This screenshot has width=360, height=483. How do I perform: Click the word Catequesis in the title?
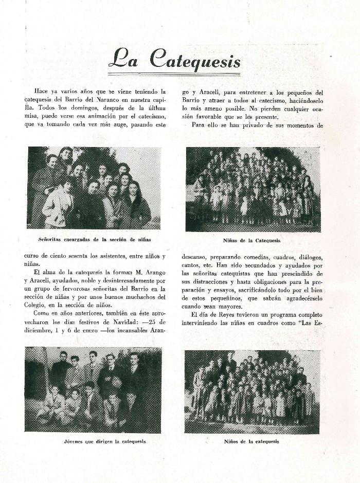(195, 59)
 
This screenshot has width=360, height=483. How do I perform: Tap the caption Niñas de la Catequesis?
(252, 240)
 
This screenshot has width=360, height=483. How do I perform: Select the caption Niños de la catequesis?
(251, 441)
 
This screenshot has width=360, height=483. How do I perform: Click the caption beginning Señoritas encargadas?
(94, 239)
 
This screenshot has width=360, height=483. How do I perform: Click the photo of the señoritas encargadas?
(94, 188)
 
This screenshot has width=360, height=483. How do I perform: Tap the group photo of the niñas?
(253, 189)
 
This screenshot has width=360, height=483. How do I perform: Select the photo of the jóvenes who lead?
(93, 389)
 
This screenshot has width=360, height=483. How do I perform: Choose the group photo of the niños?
(252, 391)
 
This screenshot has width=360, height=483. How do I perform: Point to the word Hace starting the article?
(41, 91)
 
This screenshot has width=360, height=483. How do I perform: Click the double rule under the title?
(174, 74)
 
